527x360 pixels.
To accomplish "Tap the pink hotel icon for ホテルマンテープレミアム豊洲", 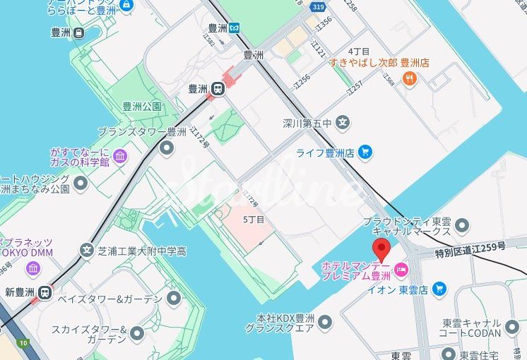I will pos(401,268).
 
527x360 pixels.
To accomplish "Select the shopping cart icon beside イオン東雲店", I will pos(439,288).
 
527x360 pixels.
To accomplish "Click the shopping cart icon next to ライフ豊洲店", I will pos(365,151).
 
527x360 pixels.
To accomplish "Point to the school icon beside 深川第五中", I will pos(343,123).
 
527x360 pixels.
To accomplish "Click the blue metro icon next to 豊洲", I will pos(234,28).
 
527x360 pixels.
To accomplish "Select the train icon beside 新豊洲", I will pos(45,292).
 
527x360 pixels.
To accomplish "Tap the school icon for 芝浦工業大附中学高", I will pos(87,250).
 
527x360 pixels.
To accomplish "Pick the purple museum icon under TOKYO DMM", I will pos(33,268).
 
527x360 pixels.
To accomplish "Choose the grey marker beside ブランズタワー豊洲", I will pos(167,147).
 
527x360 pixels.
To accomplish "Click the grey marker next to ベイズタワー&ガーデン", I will pos(174,299).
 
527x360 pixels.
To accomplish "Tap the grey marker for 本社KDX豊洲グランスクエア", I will pos(325,323).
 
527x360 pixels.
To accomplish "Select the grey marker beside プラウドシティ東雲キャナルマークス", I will pos(462,225).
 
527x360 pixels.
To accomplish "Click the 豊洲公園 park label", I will pos(142,107).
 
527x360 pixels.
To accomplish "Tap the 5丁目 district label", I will pos(253,220).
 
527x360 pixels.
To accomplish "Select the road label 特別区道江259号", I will pos(470,246).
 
